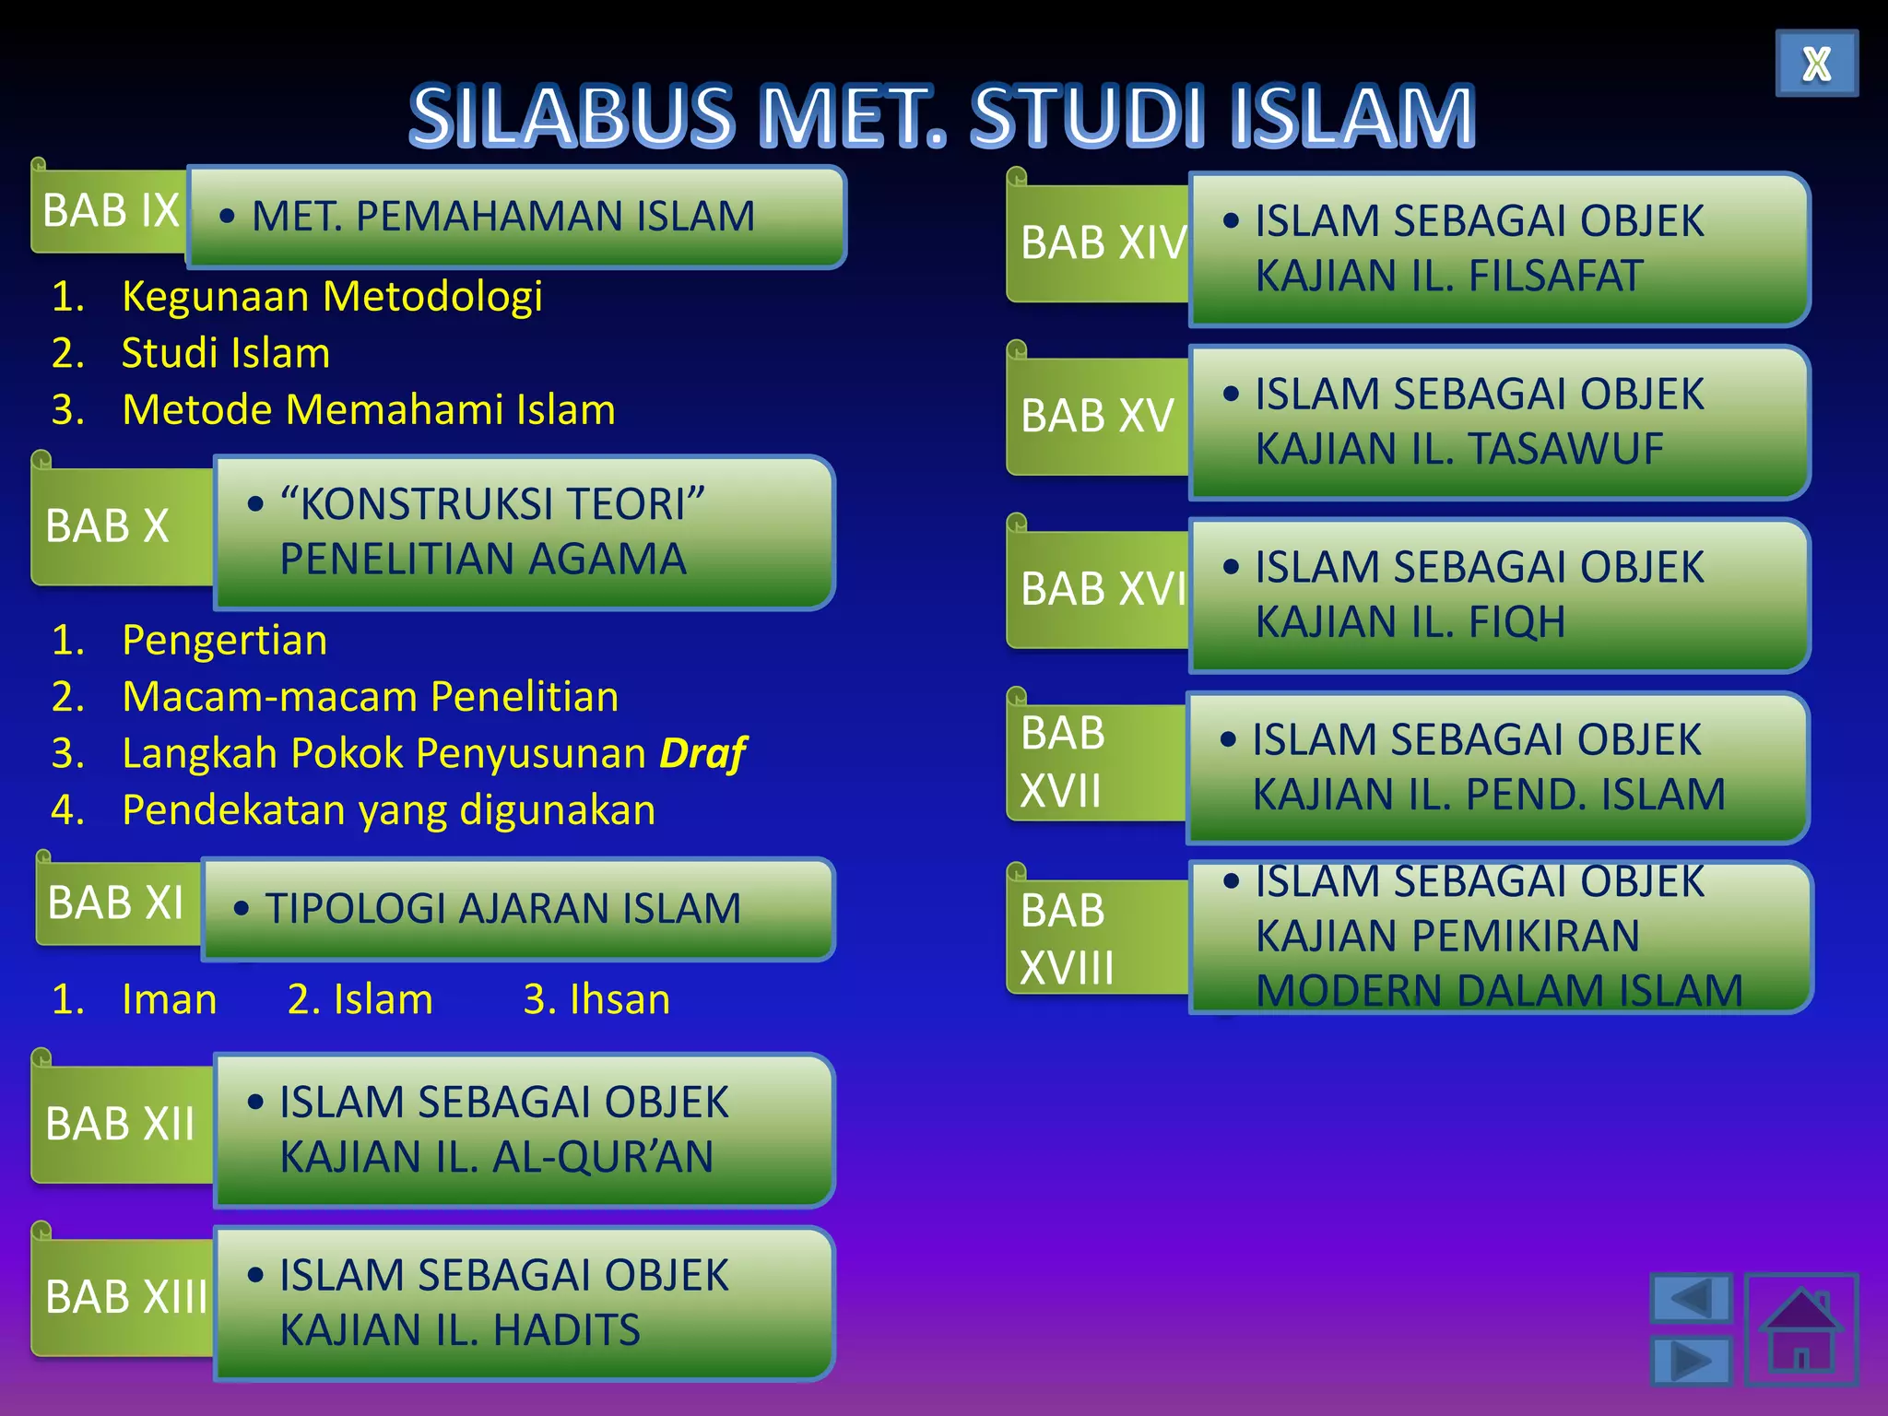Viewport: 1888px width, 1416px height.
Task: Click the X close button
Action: coord(1816,64)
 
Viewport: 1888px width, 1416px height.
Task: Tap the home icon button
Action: coord(1800,1329)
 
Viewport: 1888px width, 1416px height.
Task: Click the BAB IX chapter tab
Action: coord(110,211)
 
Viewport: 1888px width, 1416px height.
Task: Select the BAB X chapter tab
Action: coord(108,526)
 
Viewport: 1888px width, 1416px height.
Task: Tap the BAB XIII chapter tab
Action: coord(124,1297)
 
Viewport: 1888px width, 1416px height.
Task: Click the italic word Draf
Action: coord(702,753)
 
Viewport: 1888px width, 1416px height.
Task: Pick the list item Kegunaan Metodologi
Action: coord(332,297)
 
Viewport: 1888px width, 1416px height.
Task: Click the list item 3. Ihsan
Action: coord(596,999)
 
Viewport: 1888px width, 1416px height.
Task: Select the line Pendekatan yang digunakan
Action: coord(388,810)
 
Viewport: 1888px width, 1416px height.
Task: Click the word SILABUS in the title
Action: coord(572,117)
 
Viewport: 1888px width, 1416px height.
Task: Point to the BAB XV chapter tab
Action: coord(1097,416)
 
